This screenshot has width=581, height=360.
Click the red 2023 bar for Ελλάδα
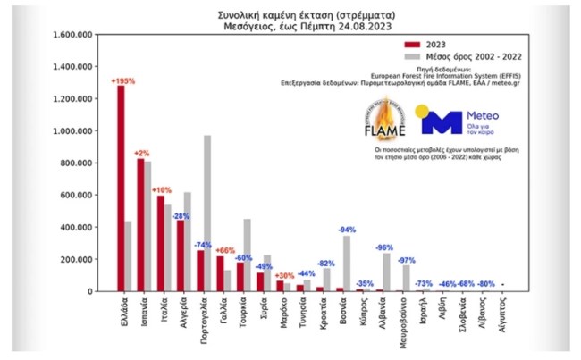[x=121, y=188]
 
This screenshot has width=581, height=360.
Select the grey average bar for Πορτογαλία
[x=207, y=213]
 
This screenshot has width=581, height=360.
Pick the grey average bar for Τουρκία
[x=246, y=255]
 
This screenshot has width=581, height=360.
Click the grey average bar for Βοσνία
[x=346, y=264]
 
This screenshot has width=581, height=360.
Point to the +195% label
[x=122, y=81]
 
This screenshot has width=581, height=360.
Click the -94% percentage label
[x=347, y=230]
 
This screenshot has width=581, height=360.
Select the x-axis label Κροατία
[x=321, y=317]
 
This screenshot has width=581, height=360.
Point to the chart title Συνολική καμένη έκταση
[x=290, y=15]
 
